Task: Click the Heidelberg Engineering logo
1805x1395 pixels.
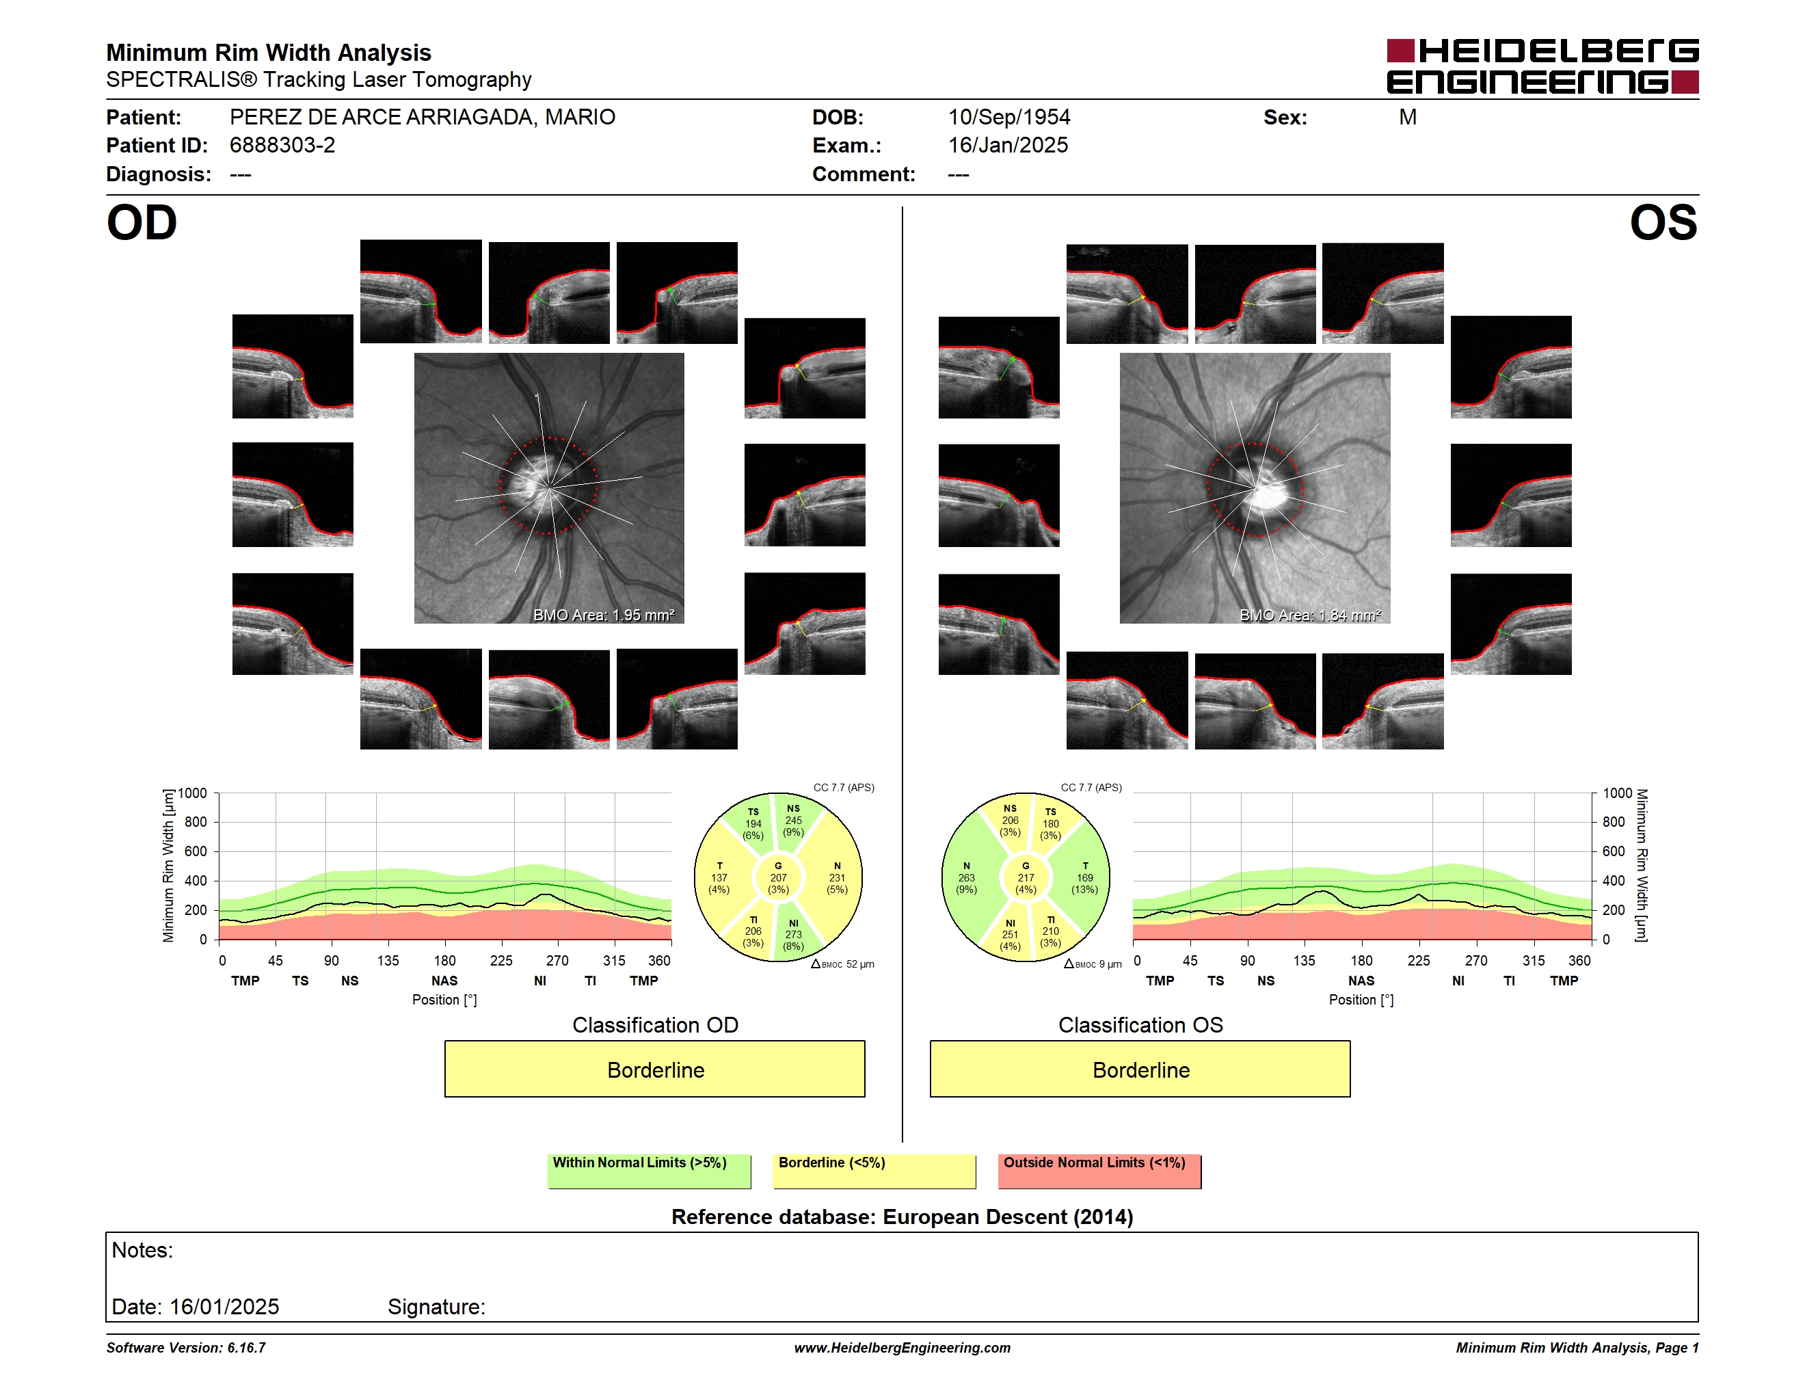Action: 1542,66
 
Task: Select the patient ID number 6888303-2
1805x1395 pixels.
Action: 282,146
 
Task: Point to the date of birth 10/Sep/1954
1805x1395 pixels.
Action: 1008,118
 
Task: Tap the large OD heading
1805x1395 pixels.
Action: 142,223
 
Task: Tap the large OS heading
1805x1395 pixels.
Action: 1663,223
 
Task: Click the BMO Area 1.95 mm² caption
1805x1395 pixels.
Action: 603,615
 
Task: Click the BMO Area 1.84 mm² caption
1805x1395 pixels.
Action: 1310,615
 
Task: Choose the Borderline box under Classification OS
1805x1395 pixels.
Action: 1140,1069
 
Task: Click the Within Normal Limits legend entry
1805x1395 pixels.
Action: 649,1171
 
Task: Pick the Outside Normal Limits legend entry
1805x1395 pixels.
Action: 1099,1171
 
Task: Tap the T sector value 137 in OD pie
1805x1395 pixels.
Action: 719,877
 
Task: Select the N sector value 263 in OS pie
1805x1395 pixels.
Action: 966,877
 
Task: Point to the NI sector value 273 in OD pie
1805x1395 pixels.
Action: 793,935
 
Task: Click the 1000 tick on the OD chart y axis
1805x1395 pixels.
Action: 193,793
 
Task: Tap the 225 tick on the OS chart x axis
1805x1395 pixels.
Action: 1418,960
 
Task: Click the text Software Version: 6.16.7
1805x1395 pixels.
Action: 186,1348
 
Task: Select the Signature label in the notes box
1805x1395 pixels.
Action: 436,1307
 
